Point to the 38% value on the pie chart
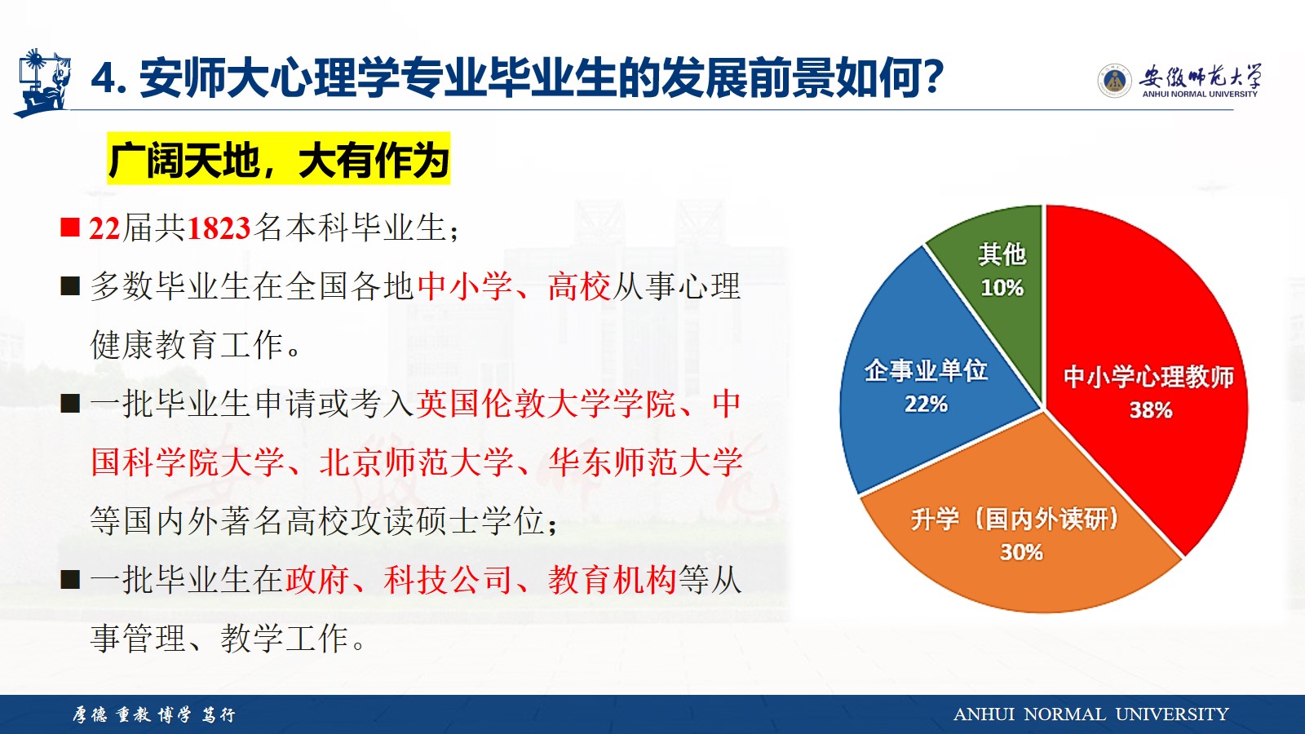[x=1151, y=410]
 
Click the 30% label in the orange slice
[x=1021, y=551]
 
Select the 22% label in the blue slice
[x=926, y=404]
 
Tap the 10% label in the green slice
[x=1002, y=287]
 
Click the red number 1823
[x=218, y=228]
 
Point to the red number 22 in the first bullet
[x=104, y=228]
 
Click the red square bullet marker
[x=70, y=228]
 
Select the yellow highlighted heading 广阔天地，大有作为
[x=278, y=158]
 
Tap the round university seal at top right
[x=1114, y=81]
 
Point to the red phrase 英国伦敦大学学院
[x=546, y=403]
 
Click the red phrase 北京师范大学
[x=416, y=462]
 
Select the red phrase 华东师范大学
[x=645, y=462]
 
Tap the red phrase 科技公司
[x=448, y=580]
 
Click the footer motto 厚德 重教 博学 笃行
[x=154, y=714]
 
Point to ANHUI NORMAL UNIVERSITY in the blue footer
[x=1090, y=714]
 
